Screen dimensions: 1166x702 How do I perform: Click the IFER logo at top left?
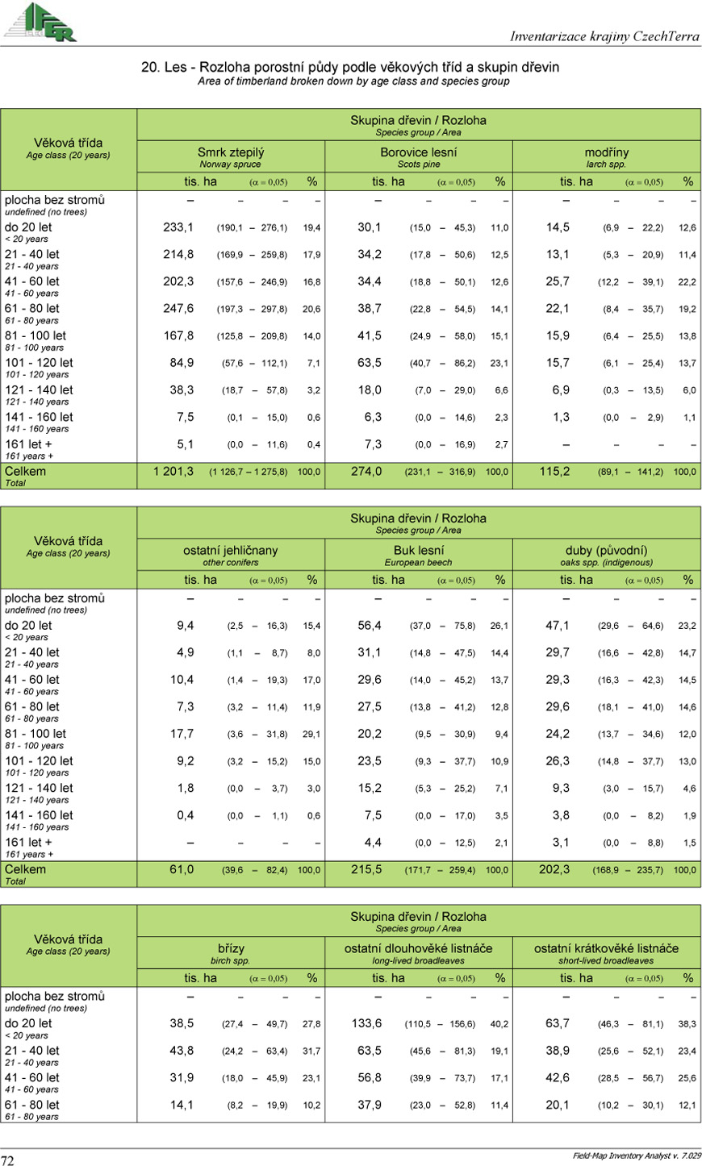point(40,22)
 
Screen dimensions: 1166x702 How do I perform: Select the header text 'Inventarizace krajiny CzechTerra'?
point(604,36)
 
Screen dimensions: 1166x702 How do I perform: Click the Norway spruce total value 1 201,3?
point(173,472)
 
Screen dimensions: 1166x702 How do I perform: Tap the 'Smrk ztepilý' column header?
point(231,152)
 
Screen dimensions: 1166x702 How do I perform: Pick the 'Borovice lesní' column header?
point(418,152)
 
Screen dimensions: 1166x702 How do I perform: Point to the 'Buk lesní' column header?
point(418,551)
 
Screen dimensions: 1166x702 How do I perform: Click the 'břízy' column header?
point(231,948)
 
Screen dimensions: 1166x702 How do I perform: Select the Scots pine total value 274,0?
point(366,472)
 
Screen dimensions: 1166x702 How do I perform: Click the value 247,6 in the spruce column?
point(178,309)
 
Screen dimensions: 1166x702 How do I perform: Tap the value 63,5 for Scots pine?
point(370,363)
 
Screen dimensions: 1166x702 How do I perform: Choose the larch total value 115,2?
point(554,472)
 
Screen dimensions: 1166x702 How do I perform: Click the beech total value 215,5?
point(366,870)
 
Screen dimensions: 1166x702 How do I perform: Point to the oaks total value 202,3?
point(554,870)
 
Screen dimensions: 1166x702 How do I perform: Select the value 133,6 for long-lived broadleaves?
point(366,1023)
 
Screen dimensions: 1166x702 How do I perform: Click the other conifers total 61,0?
point(182,870)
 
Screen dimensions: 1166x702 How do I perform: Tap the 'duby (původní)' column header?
point(606,551)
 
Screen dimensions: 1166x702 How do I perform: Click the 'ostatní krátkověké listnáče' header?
point(606,948)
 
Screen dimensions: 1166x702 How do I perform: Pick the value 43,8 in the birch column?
point(182,1051)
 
